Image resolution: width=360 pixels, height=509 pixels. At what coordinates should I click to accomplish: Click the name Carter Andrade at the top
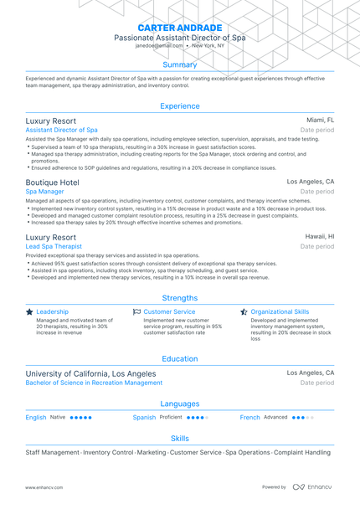point(180,28)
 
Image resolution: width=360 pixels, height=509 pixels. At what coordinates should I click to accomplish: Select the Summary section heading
point(180,64)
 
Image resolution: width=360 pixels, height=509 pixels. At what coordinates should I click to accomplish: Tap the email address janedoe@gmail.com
point(154,46)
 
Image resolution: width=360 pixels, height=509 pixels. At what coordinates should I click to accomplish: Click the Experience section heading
point(180,106)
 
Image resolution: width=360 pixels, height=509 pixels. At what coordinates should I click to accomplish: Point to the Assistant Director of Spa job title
point(61,131)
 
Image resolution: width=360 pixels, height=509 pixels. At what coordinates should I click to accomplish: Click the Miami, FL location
point(320,121)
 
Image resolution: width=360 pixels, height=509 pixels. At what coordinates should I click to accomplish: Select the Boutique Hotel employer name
point(53,182)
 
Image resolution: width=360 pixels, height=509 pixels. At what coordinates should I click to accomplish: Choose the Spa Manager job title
point(45,192)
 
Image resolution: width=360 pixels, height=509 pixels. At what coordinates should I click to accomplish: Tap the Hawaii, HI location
point(319,237)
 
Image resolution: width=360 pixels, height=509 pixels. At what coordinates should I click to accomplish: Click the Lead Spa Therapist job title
point(54,247)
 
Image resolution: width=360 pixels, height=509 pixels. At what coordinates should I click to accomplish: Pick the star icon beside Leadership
point(30,311)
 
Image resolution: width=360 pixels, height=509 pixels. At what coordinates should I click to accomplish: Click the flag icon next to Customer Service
point(136,311)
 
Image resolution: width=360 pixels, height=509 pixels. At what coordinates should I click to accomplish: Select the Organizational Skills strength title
point(280,311)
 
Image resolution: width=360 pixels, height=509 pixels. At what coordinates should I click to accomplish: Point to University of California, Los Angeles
point(90,373)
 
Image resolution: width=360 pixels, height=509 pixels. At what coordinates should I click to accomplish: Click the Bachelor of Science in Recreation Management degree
point(94,383)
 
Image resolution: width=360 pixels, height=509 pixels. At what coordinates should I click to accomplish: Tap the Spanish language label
point(144,417)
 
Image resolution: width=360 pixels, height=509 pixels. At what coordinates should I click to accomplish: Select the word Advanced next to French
point(275,417)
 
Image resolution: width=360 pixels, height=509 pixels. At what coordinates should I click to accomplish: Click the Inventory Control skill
point(109,452)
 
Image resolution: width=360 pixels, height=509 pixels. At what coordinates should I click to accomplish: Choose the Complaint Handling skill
point(291,452)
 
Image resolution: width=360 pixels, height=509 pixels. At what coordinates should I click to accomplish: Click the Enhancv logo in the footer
point(311,486)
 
